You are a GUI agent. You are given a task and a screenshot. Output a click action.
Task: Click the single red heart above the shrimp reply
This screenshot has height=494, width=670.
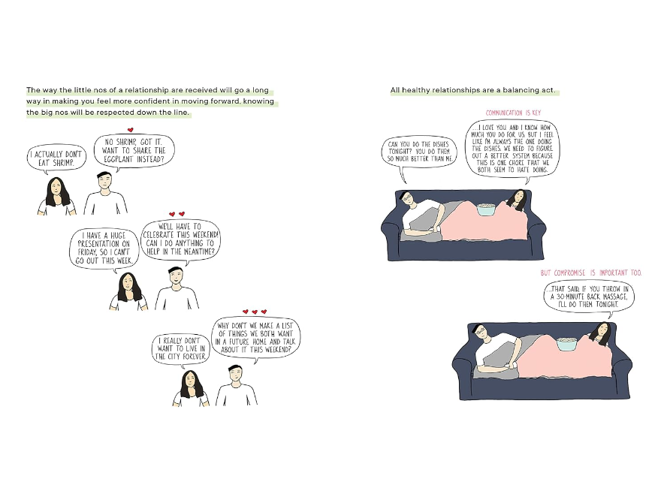click(x=131, y=130)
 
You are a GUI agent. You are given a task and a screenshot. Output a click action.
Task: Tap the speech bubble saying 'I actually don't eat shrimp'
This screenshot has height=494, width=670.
click(x=56, y=158)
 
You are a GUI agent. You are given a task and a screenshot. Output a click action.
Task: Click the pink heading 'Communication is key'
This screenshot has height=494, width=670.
click(x=513, y=113)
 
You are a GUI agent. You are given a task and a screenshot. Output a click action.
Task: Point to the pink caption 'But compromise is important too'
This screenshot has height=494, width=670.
click(x=591, y=273)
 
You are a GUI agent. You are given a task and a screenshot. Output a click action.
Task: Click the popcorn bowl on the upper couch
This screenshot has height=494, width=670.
click(x=486, y=209)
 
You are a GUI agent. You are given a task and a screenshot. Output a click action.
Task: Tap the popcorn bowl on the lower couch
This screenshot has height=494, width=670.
click(x=566, y=344)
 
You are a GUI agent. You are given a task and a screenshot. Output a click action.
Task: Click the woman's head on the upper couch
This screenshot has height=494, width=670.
click(x=518, y=200)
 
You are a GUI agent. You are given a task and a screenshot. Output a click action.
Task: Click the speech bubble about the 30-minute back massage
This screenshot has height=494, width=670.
click(x=589, y=297)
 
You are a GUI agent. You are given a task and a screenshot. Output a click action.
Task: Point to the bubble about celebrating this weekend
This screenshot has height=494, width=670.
click(x=180, y=239)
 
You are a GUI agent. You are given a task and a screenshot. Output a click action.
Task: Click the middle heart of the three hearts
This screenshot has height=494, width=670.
click(x=255, y=312)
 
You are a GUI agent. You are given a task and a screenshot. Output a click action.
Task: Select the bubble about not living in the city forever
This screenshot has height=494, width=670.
click(x=181, y=349)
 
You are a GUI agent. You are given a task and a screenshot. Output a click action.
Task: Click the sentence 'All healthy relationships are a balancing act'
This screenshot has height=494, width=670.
click(x=473, y=90)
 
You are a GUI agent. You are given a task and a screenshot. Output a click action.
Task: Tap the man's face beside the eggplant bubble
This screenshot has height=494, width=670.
click(x=104, y=182)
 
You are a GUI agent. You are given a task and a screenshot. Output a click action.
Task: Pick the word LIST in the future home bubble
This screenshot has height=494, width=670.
click(x=287, y=325)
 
